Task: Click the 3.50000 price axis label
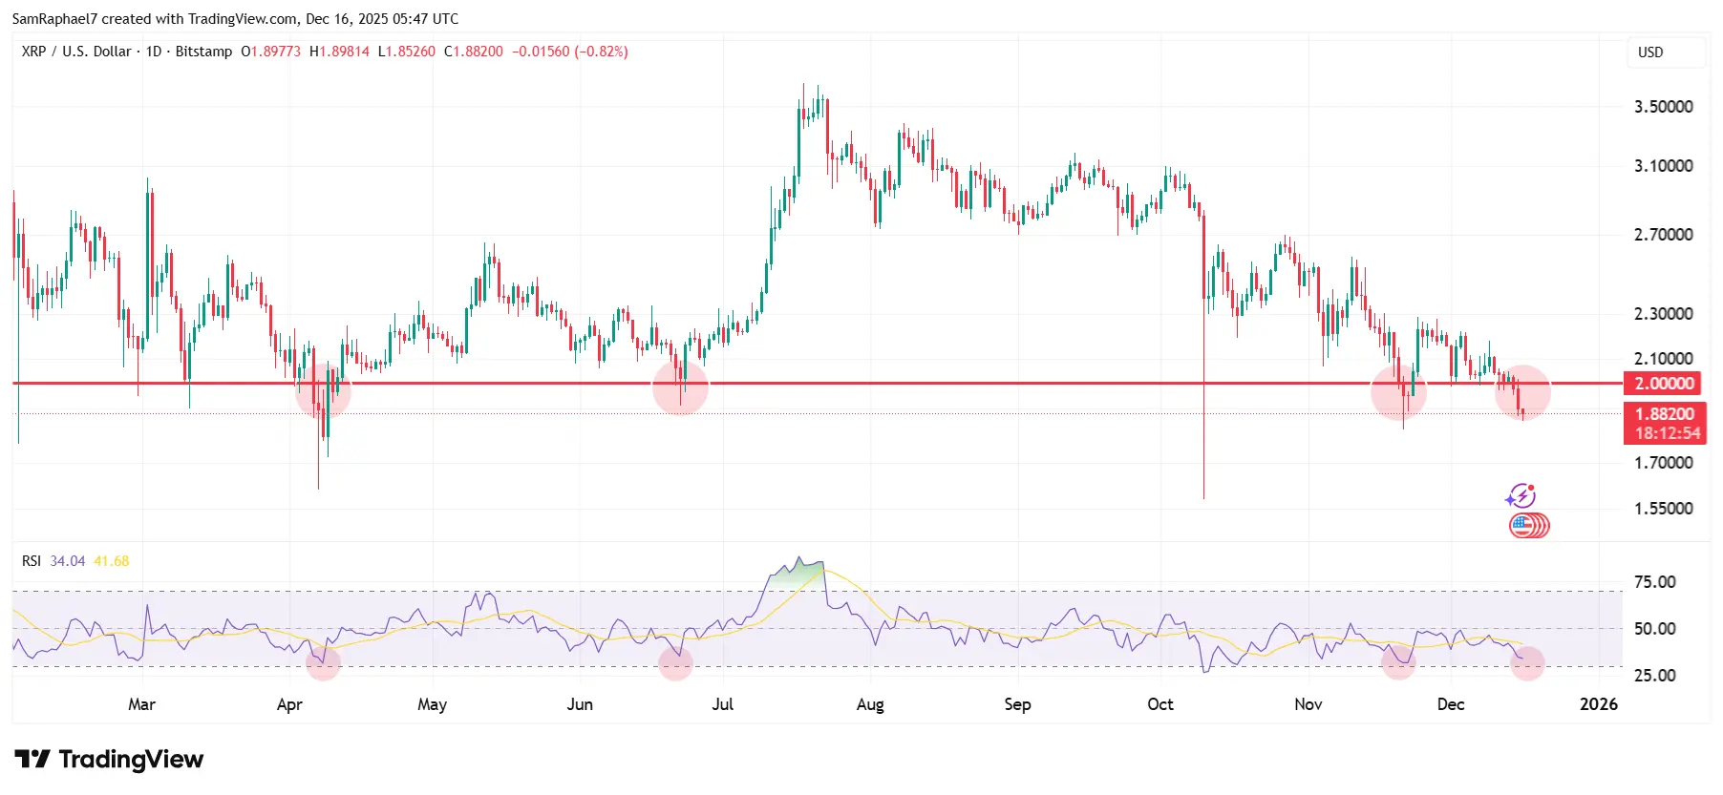pos(1663,107)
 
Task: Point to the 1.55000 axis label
pos(1663,509)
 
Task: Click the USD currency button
pos(1650,52)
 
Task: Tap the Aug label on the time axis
pos(870,704)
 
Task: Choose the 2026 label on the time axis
pos(1598,704)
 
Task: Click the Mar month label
pos(141,704)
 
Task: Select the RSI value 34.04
pos(67,561)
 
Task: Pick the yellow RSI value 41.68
pos(111,561)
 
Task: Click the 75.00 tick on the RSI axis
pos(1654,582)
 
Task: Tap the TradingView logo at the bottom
pos(110,760)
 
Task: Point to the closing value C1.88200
pos(474,52)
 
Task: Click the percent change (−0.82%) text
pos(601,52)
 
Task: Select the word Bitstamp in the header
pos(203,52)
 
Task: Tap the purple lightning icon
pos(1520,496)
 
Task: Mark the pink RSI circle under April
pos(323,661)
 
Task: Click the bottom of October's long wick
pos(1203,496)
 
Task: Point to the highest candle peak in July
pos(804,85)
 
